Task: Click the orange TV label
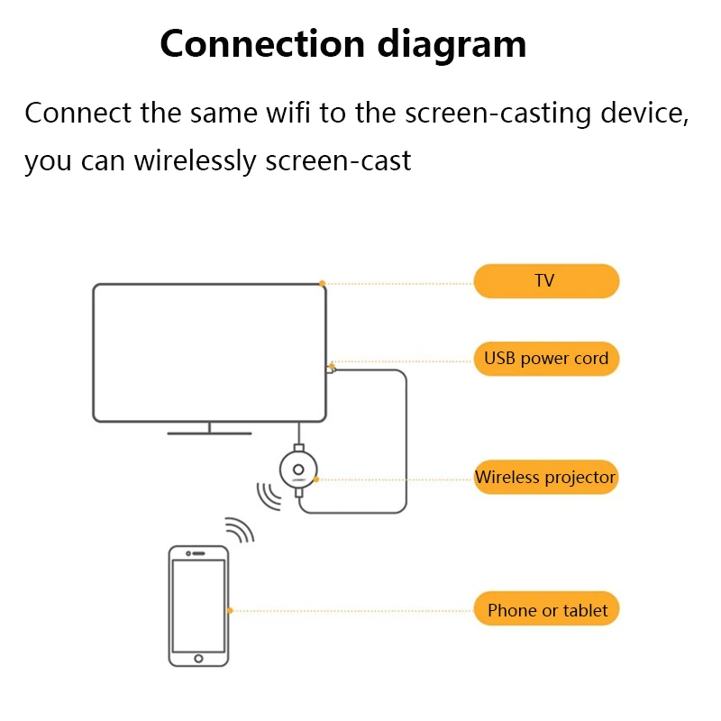(x=546, y=281)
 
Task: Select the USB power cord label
(x=546, y=358)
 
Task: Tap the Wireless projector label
(x=546, y=477)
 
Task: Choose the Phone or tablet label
(x=547, y=610)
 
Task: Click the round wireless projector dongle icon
(x=298, y=469)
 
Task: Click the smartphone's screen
(x=199, y=605)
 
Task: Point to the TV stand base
(x=209, y=433)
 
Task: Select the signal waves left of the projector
(x=268, y=495)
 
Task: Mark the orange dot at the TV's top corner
(x=323, y=283)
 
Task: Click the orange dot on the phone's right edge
(x=230, y=610)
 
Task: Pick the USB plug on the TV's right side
(x=330, y=368)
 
